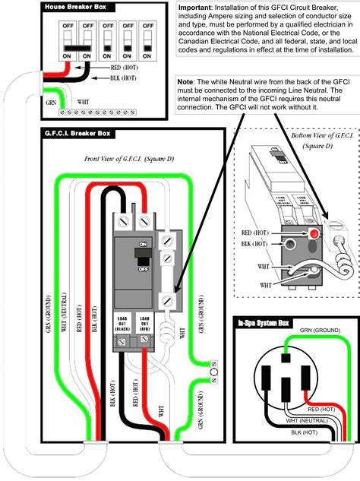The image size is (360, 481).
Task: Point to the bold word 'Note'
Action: coord(188,81)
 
